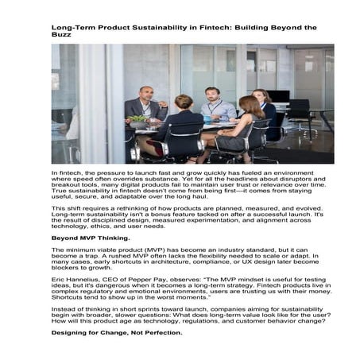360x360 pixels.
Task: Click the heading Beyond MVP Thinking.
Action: coord(87,237)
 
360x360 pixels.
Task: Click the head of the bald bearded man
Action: coord(145,93)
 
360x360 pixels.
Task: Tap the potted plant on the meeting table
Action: coord(141,118)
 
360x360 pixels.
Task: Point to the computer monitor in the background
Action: coord(280,97)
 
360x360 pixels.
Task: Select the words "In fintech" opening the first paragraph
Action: coord(66,172)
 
